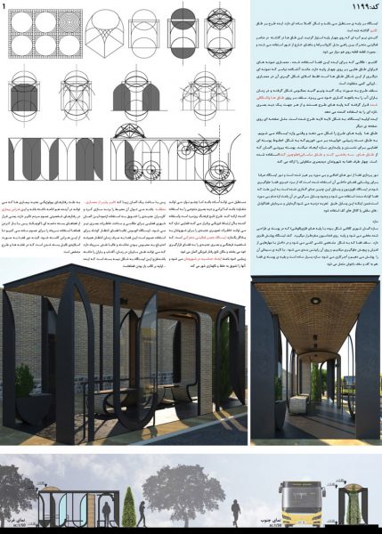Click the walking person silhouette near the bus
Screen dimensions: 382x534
click(x=265, y=508)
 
